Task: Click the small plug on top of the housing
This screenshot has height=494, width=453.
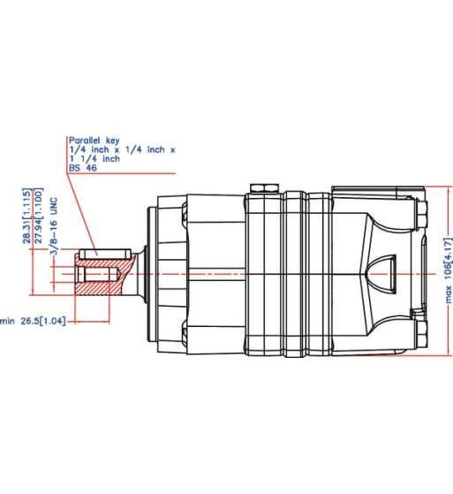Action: coord(262,187)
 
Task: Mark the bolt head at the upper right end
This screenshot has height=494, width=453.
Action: coord(423,211)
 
